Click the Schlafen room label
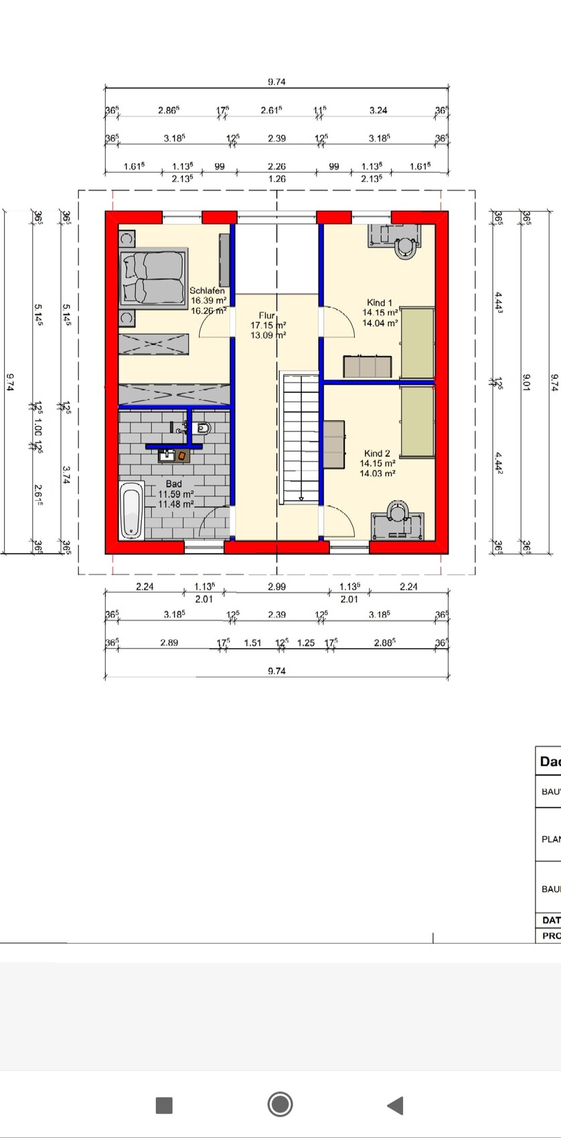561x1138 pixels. pos(208,291)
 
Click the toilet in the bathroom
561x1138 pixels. pos(204,428)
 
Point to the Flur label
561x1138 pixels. pos(267,315)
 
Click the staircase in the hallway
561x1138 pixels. pos(300,438)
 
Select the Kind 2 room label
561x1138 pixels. pos(377,453)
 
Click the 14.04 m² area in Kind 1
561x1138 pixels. pos(380,323)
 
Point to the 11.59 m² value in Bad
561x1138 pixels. pos(175,494)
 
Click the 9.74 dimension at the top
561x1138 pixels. pos(276,82)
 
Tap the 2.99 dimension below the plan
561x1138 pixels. pos(276,586)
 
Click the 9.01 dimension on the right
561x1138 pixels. pos(526,382)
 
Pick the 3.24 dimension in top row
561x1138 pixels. pos(378,110)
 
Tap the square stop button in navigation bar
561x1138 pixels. pos(164,1105)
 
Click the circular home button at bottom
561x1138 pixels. pos(280,1104)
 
